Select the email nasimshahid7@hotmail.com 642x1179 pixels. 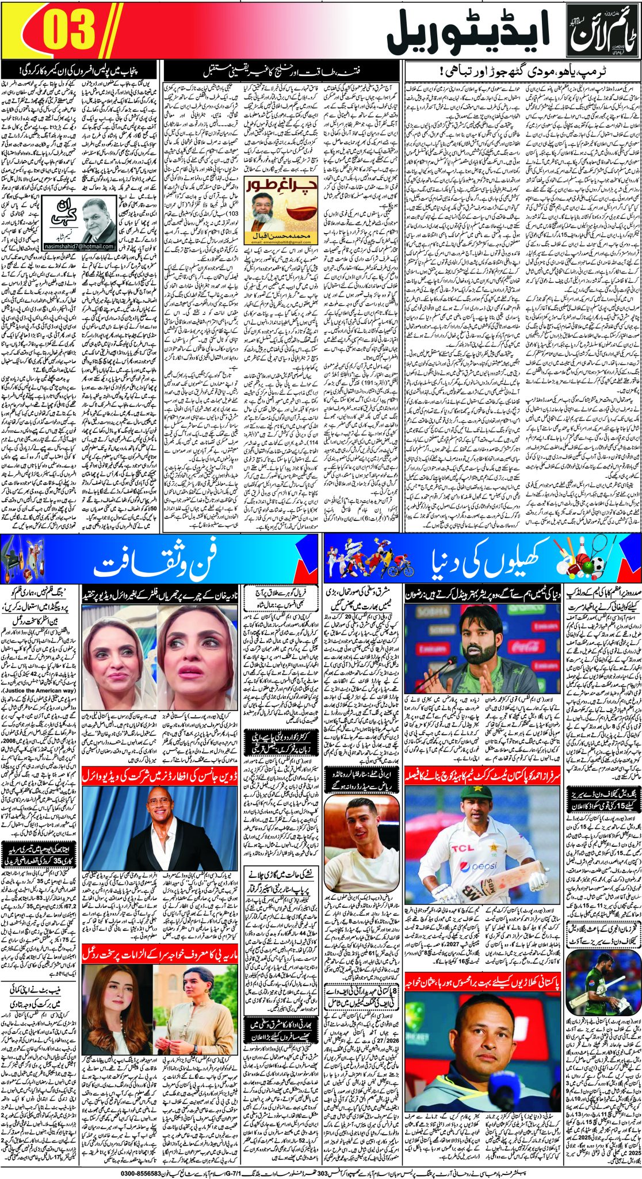point(78,246)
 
